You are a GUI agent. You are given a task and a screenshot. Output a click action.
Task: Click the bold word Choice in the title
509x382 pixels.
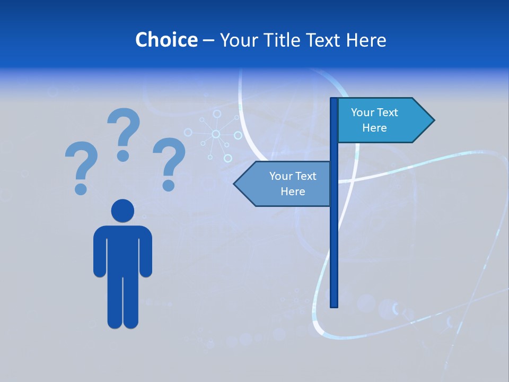coord(166,40)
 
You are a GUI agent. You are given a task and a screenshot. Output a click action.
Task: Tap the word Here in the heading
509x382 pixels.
coord(366,40)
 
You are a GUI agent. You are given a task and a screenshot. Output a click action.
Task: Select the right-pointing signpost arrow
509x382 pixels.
coord(382,120)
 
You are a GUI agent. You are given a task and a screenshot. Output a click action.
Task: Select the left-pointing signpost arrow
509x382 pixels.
coord(286,184)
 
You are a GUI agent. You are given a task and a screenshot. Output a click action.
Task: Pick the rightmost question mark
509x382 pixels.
coord(169,157)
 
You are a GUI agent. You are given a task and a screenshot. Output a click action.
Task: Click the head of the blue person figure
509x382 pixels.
coord(122,211)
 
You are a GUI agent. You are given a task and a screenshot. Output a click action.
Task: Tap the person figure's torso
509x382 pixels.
coord(122,249)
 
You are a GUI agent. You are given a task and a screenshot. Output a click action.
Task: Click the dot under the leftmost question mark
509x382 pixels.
coord(81,189)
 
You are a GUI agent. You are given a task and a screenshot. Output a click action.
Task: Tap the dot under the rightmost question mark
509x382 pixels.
coord(169,185)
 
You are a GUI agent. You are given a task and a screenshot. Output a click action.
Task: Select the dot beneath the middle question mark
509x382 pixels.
coord(123,155)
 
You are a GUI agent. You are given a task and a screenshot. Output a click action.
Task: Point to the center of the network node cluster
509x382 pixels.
coord(216,134)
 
